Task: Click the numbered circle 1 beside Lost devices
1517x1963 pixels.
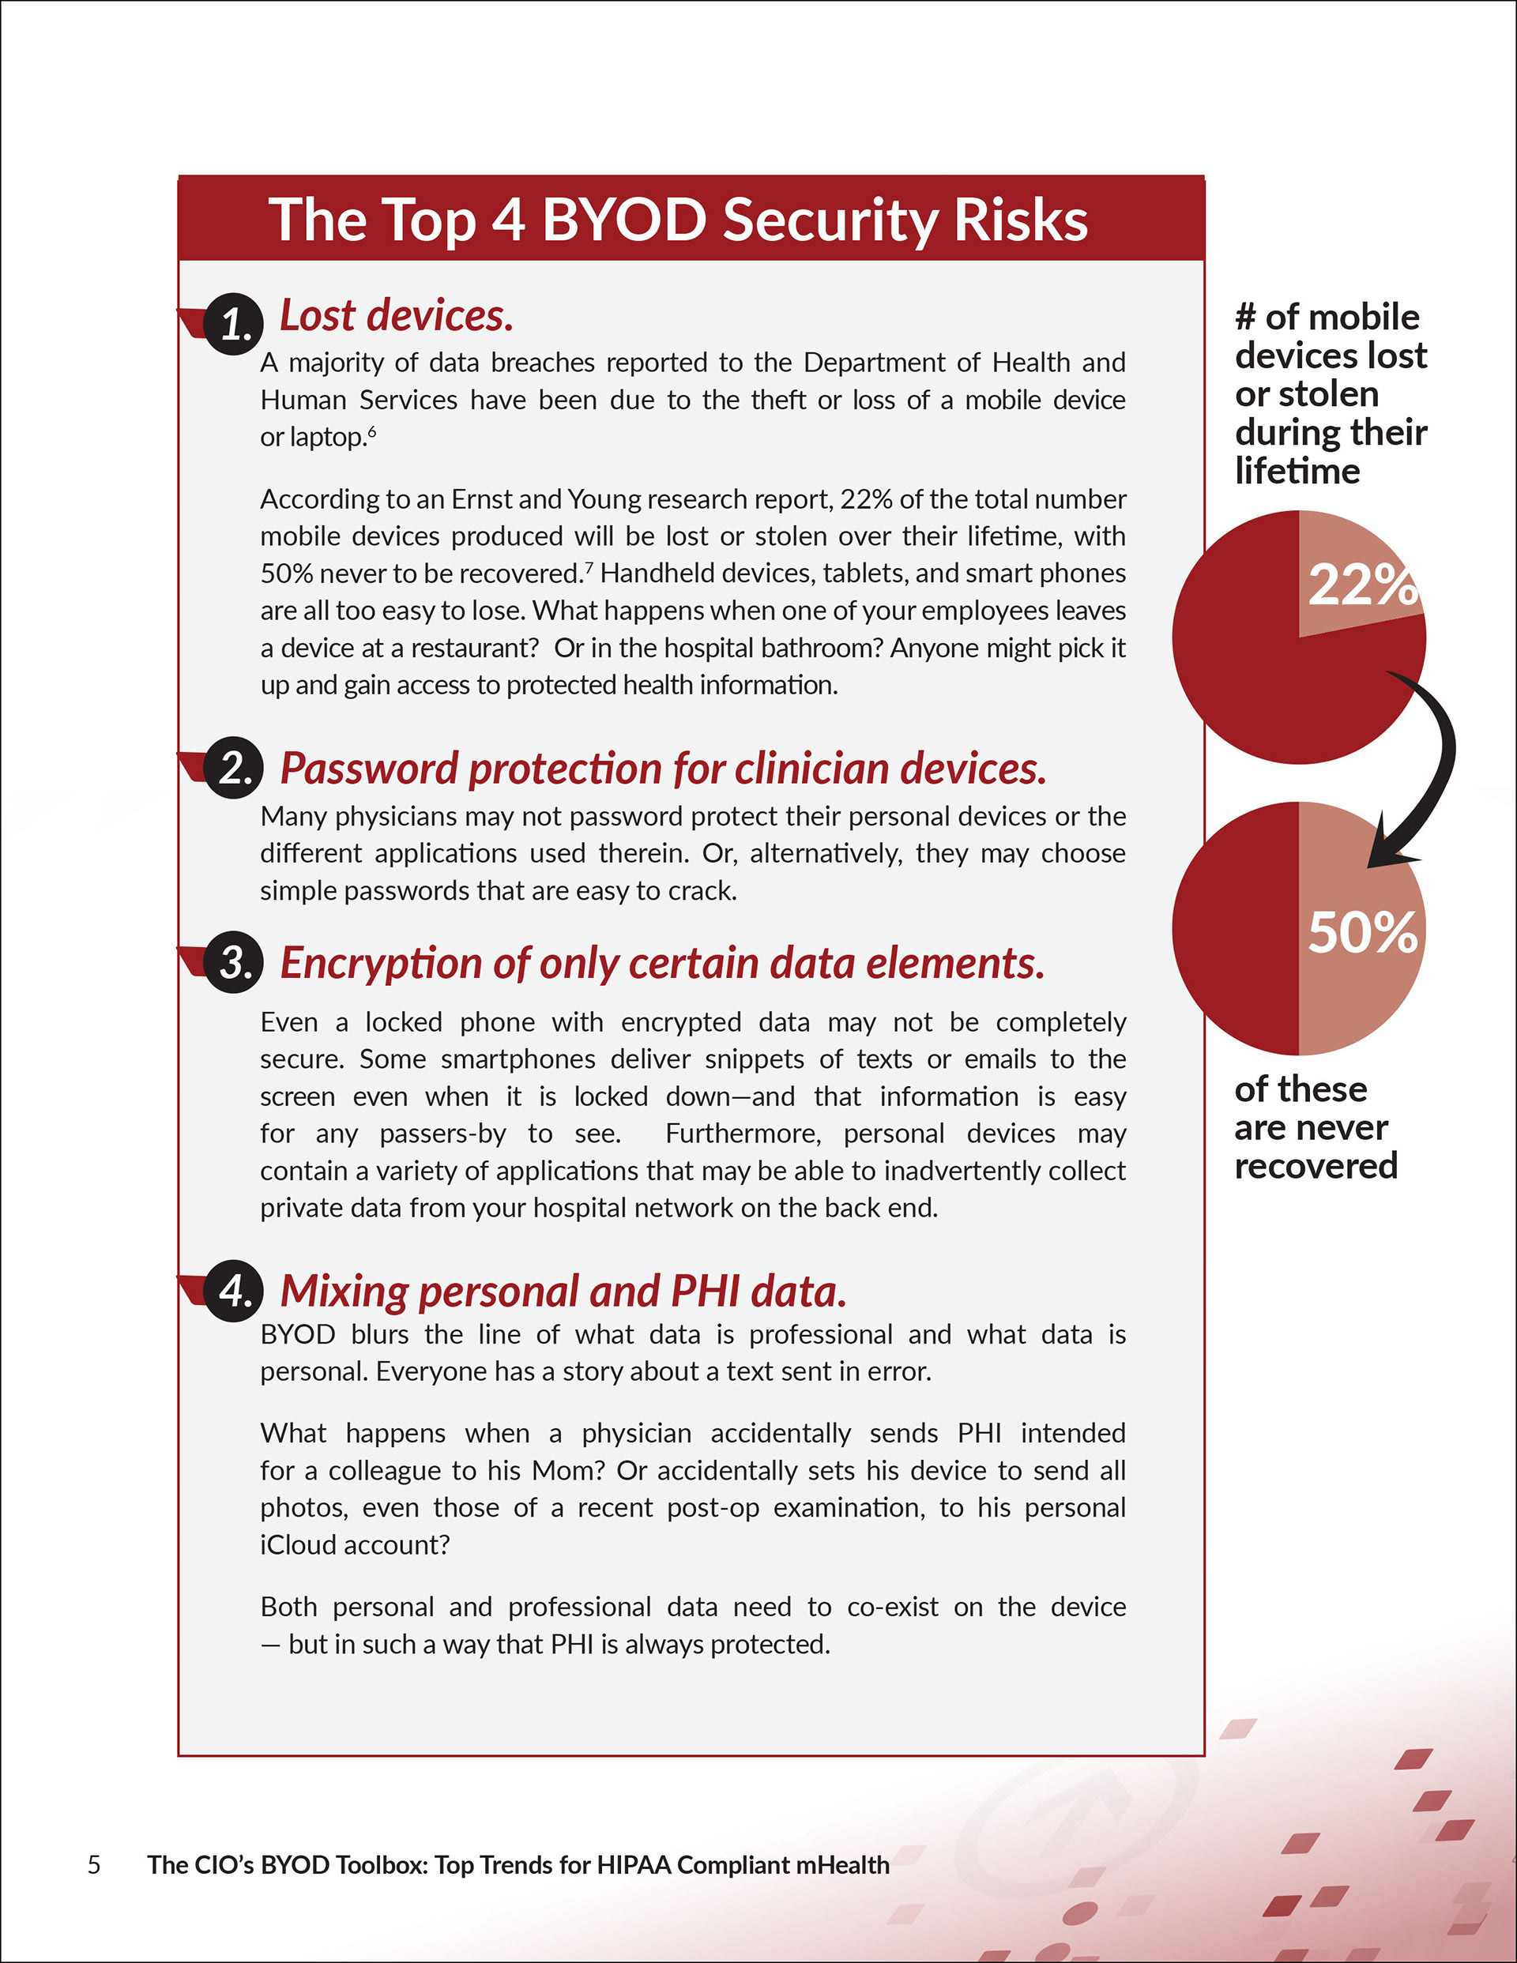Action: pos(233,324)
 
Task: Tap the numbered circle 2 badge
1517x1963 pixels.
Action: pos(233,769)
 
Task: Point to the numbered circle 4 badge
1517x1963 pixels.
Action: pos(233,1291)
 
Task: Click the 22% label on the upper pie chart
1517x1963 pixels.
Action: pos(1361,585)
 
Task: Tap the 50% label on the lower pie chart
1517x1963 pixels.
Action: pos(1361,932)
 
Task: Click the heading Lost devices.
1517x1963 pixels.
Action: pos(397,315)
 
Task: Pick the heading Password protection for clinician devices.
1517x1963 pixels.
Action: pos(664,769)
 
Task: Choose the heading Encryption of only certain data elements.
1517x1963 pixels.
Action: pos(663,964)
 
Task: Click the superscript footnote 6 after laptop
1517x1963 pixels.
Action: pos(371,431)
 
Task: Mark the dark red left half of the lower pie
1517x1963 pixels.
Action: pos(1237,928)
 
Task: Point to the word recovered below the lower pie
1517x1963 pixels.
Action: pos(1316,1167)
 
